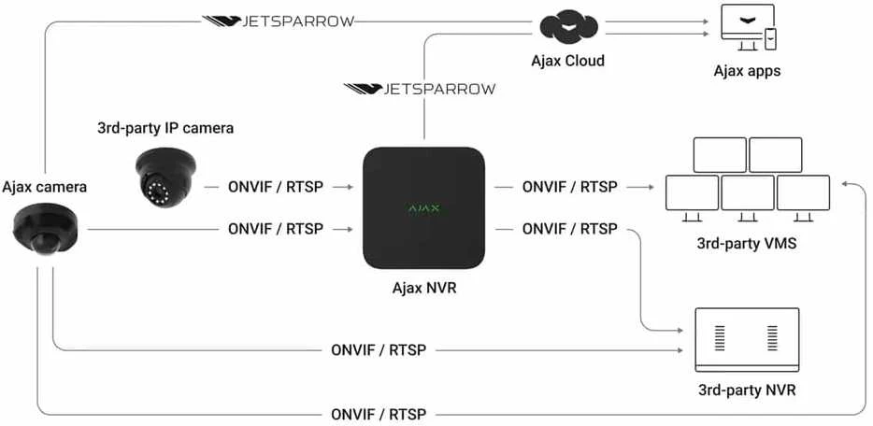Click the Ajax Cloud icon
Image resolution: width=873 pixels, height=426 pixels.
tap(568, 29)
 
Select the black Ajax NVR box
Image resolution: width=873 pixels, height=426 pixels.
tap(423, 208)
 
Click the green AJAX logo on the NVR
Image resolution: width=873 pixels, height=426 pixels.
tap(424, 208)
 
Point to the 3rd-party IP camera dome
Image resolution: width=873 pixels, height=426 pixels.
tap(165, 177)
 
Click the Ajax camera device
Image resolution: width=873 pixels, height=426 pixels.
tap(45, 228)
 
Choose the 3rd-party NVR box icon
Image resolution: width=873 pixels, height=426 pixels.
tap(747, 339)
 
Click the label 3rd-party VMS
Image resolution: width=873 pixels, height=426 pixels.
tap(746, 244)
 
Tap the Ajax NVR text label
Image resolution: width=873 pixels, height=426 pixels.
tap(424, 289)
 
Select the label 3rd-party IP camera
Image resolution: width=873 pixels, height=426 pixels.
tap(165, 128)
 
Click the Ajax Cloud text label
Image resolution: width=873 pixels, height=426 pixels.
tap(567, 60)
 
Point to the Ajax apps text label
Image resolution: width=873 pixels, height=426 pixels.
tap(747, 71)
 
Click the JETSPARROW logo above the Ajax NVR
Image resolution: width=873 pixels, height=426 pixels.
tap(420, 89)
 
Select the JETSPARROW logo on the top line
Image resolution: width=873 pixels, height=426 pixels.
tap(278, 21)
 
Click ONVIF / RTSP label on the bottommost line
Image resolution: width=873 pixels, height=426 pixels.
tap(379, 414)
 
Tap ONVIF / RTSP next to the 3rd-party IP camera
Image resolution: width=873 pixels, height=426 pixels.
tap(276, 187)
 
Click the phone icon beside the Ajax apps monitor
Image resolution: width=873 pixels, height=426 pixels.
tap(770, 38)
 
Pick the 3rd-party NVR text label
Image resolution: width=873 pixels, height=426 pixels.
tap(747, 390)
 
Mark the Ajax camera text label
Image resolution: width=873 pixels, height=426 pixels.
tap(45, 187)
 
